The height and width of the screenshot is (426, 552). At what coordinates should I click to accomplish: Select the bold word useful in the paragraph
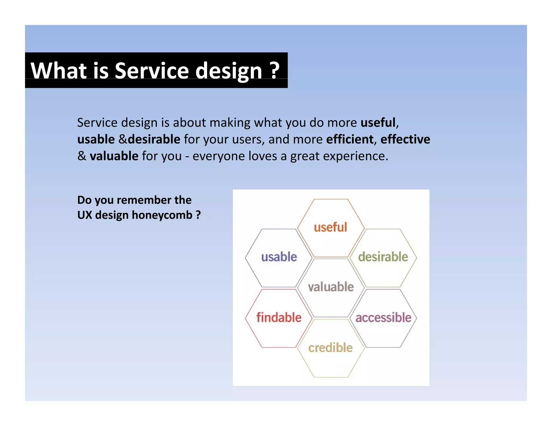(x=378, y=123)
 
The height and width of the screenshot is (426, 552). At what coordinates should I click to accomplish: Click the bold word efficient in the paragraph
(x=350, y=139)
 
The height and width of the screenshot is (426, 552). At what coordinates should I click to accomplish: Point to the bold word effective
(x=405, y=139)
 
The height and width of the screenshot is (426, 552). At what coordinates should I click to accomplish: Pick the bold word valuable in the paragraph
(x=114, y=156)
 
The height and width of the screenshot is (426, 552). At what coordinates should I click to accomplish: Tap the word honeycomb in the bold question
(x=162, y=215)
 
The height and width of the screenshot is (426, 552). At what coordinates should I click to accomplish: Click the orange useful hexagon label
(x=330, y=227)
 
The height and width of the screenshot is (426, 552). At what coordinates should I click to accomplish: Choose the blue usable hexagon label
(x=279, y=257)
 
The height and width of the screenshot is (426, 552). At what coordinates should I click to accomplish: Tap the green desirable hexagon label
(x=383, y=257)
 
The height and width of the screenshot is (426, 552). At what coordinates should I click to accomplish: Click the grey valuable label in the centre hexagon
(x=331, y=287)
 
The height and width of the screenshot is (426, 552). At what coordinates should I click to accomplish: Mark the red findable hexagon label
(x=279, y=317)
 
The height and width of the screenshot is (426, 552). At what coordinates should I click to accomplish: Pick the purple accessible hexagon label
(x=383, y=318)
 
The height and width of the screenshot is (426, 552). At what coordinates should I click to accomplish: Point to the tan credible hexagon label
(x=330, y=348)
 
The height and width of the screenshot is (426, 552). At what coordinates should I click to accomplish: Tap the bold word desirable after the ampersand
(x=154, y=139)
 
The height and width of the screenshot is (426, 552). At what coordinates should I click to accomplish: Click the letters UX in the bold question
(x=84, y=215)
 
